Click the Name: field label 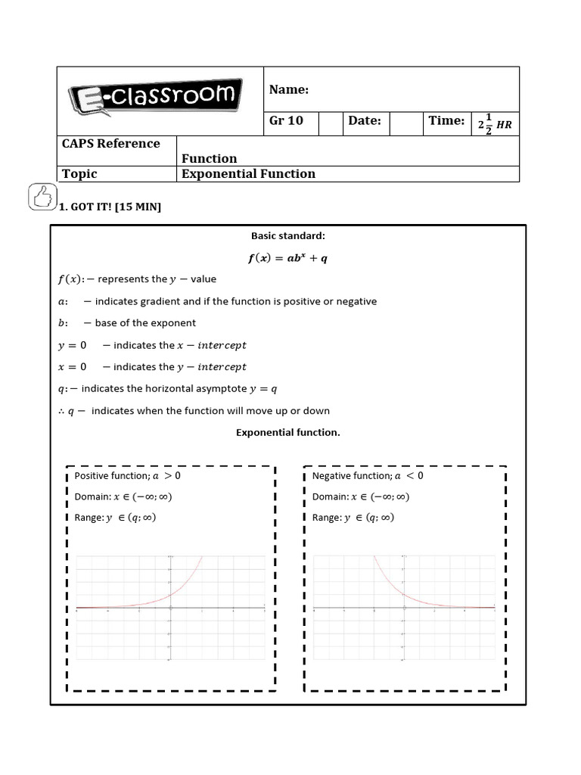point(289,90)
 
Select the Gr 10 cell point(286,121)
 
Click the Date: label point(365,121)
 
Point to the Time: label point(446,121)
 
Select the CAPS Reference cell point(110,144)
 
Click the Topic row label point(79,174)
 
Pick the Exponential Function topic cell point(248,174)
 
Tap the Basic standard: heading point(287,236)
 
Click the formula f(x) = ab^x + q point(287,258)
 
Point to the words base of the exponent point(145,323)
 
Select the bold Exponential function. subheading point(287,433)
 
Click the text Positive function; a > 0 point(127,476)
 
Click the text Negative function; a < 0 point(368,476)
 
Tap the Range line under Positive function point(115,518)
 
